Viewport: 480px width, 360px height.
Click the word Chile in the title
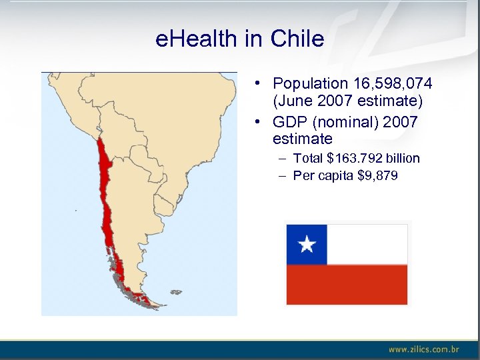pyautogui.click(x=297, y=39)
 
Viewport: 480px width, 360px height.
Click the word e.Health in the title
pyautogui.click(x=197, y=39)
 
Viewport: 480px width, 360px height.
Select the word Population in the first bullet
pyautogui.click(x=310, y=84)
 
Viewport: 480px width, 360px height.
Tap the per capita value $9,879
pyautogui.click(x=377, y=176)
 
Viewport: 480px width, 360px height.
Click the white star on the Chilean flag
pyautogui.click(x=307, y=245)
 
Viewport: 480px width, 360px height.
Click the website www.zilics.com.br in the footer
pyautogui.click(x=424, y=349)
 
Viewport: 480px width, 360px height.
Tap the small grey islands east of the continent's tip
pyautogui.click(x=176, y=292)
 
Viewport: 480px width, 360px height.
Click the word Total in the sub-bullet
pyautogui.click(x=308, y=159)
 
